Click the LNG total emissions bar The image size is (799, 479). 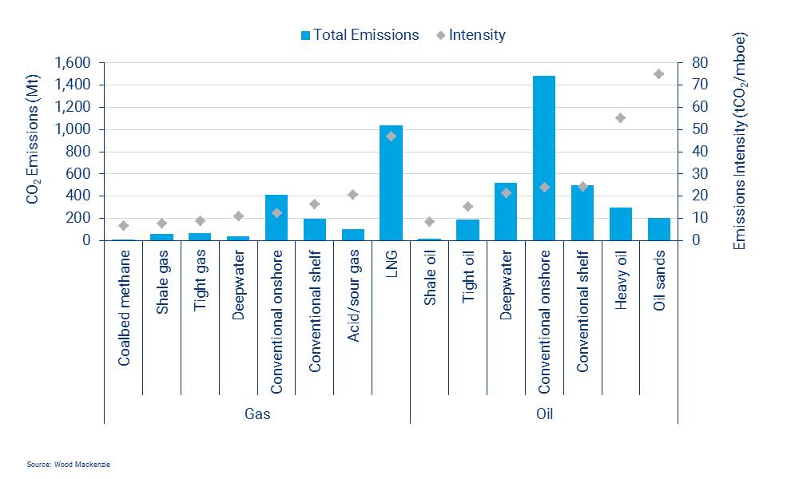pos(391,183)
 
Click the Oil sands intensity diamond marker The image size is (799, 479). pos(659,74)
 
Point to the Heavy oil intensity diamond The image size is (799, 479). pos(621,117)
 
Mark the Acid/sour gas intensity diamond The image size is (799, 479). pos(353,194)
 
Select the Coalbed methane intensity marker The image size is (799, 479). pos(123,226)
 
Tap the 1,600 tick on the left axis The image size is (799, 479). pos(73,63)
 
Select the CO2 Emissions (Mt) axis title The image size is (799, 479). pos(34,152)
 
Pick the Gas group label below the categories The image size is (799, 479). pos(257,414)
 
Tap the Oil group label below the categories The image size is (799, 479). pos(544,414)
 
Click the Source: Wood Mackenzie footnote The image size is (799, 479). pos(67,464)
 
